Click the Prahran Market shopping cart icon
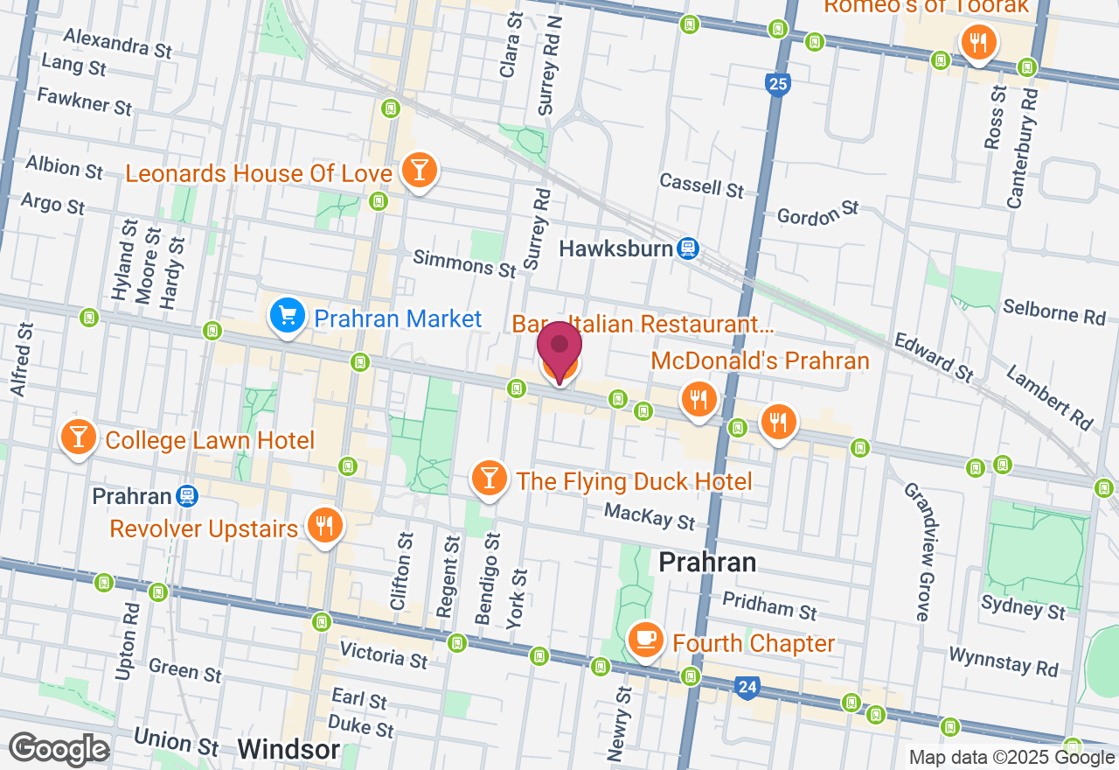(288, 316)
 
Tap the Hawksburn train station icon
(688, 248)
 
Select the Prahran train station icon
(186, 497)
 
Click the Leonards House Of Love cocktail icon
(419, 170)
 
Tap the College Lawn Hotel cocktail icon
(79, 437)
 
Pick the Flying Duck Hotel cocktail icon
(489, 478)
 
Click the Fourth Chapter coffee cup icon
(645, 640)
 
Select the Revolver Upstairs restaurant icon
(323, 525)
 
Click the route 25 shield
(777, 85)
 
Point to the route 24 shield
(746, 688)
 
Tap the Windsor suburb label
(288, 750)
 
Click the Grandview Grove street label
(917, 552)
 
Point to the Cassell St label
(701, 185)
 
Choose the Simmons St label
(464, 263)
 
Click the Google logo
(59, 750)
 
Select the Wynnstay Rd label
(1003, 662)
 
